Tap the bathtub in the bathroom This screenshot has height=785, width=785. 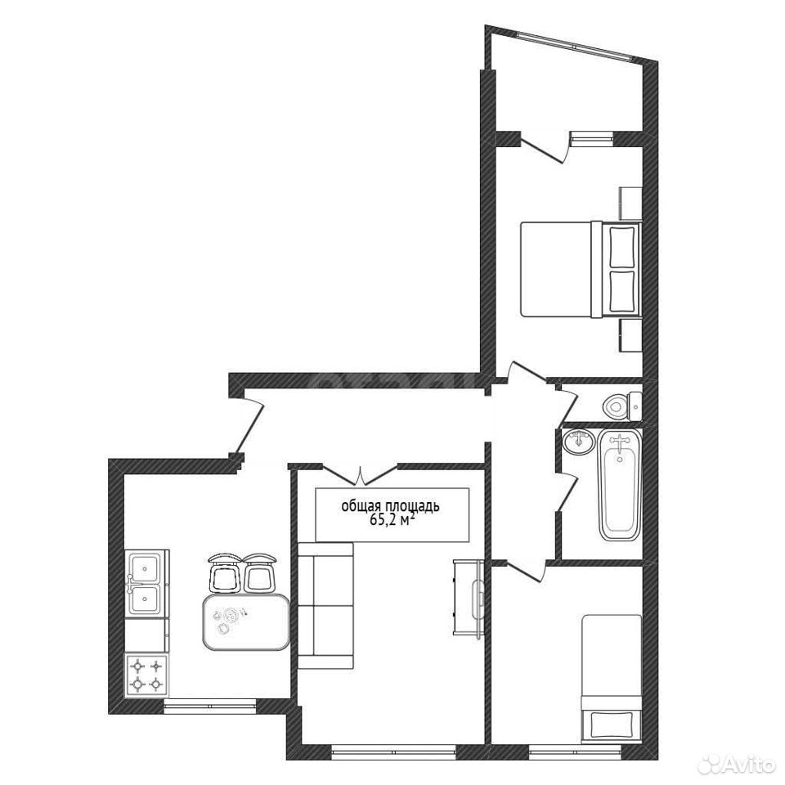(620, 487)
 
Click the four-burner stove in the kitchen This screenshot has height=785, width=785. (146, 675)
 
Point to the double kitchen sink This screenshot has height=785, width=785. (146, 582)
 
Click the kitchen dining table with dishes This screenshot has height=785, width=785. (246, 621)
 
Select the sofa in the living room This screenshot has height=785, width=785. (326, 605)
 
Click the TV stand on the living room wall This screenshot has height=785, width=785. (469, 597)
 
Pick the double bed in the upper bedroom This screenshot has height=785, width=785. (581, 269)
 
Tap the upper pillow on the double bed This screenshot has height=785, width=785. (622, 246)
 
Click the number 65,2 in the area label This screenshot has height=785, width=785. (383, 521)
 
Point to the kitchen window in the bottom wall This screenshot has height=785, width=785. (210, 705)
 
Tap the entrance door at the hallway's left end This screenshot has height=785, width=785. (249, 424)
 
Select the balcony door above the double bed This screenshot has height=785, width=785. (545, 148)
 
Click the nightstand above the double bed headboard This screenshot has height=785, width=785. (630, 204)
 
